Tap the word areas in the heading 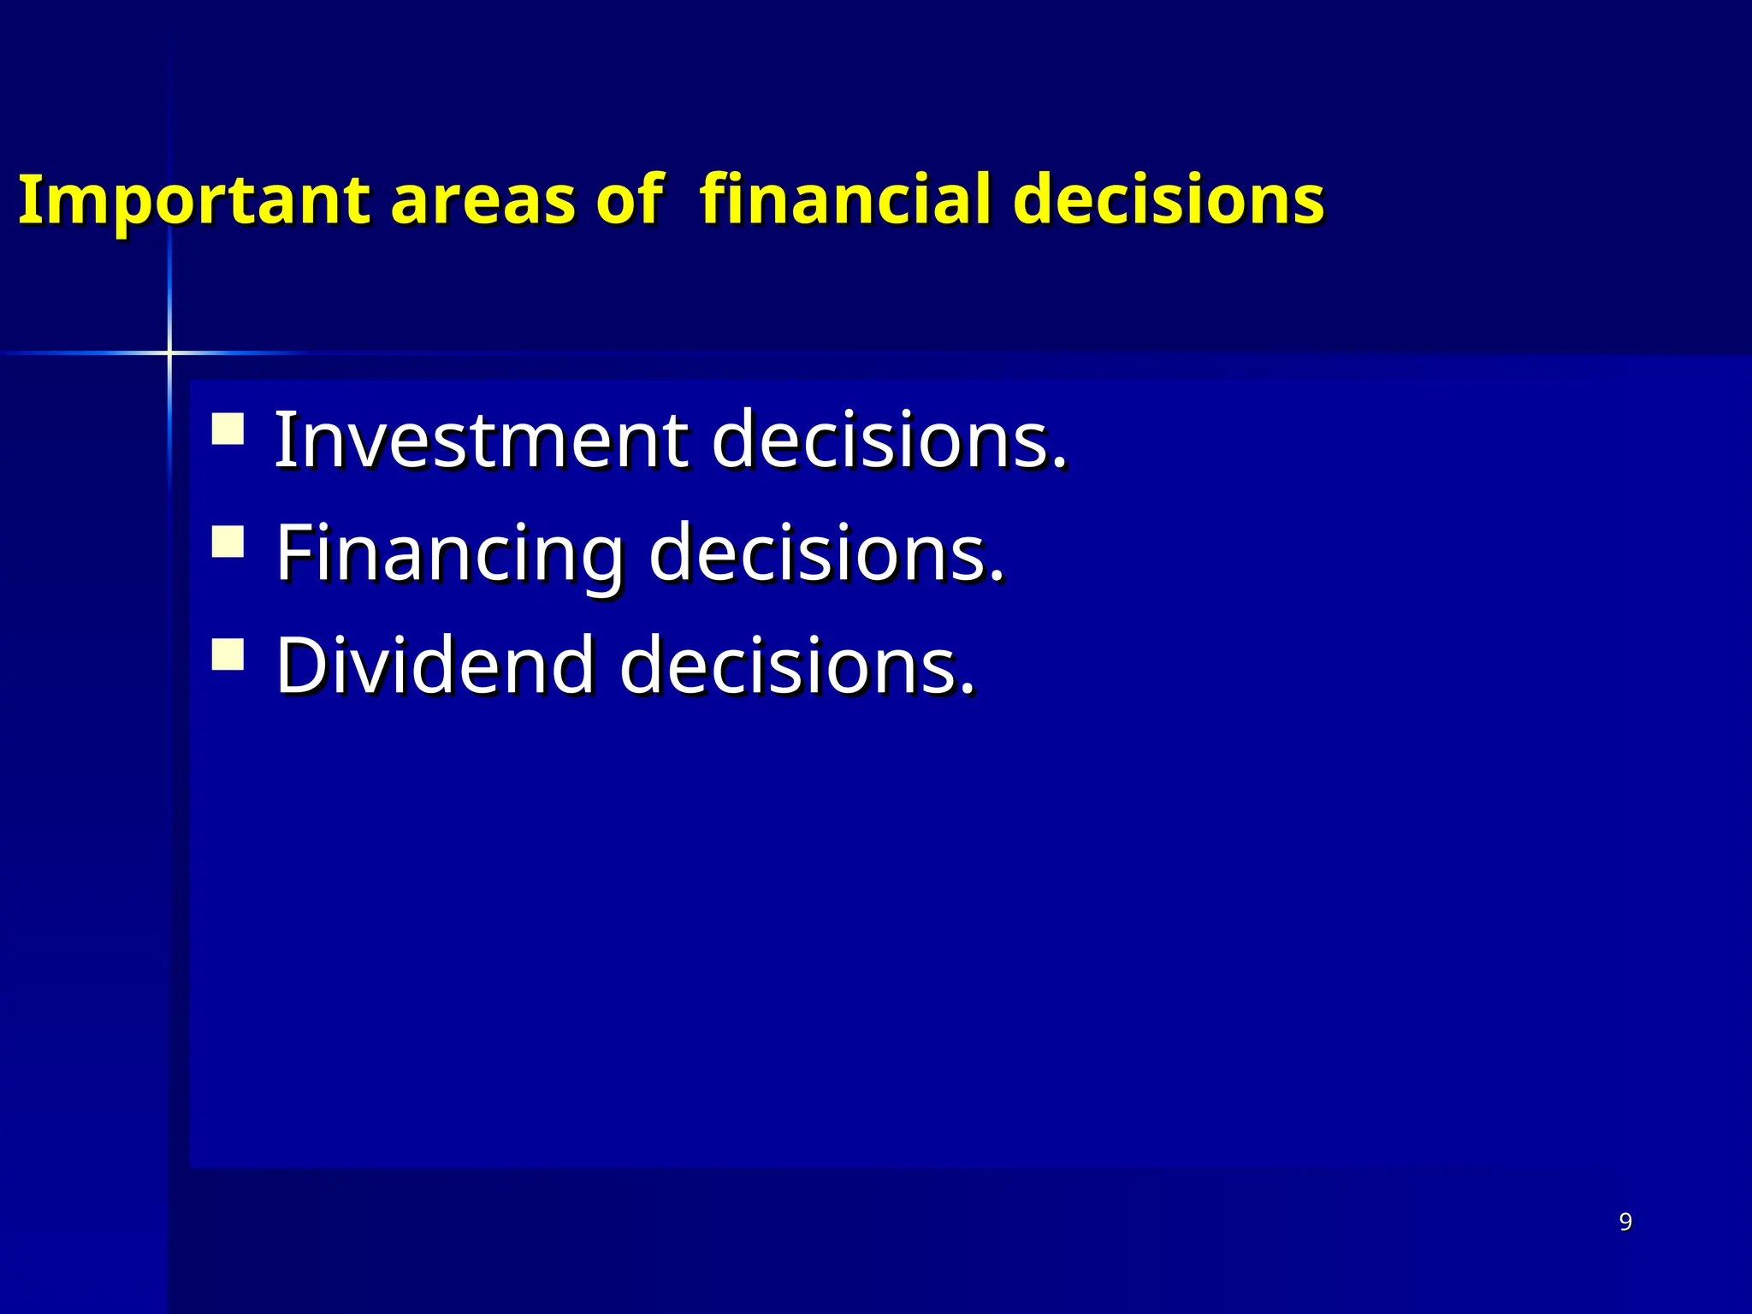click(x=482, y=200)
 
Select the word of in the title click(x=630, y=200)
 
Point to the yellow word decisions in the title click(x=1169, y=200)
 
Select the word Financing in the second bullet click(x=450, y=554)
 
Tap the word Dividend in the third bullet click(x=435, y=666)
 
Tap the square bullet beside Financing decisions click(x=228, y=542)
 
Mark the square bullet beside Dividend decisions click(x=228, y=654)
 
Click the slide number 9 click(x=1625, y=1222)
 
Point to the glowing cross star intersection click(x=169, y=352)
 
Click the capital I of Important click(x=29, y=200)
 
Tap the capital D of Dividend click(x=305, y=666)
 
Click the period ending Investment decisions click(x=1061, y=463)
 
